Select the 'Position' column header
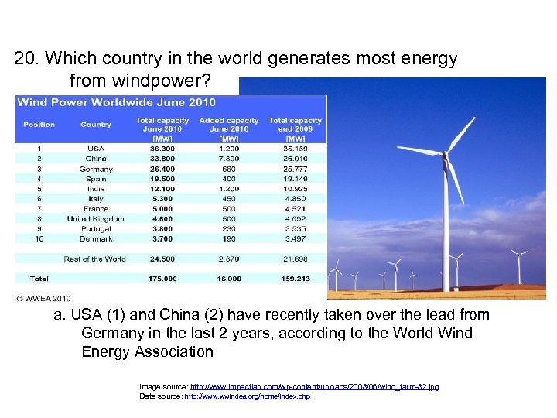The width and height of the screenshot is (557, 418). coord(39,125)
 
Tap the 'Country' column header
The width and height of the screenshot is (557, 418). coord(96,125)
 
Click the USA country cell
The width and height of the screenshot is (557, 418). coord(96,149)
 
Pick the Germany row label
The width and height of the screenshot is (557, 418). coord(96,169)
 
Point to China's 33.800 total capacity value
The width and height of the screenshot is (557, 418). coord(162,159)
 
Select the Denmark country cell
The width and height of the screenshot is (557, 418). coord(96,238)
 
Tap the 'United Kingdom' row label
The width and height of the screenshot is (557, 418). coord(96,218)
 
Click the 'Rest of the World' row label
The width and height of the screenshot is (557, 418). coord(94,259)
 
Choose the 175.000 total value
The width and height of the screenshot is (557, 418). coord(162,279)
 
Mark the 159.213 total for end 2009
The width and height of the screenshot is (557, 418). coord(295,279)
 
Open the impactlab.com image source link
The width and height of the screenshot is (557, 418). coord(314,385)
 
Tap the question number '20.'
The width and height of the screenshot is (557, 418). coord(25,59)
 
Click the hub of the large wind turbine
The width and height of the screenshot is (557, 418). coord(445,154)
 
